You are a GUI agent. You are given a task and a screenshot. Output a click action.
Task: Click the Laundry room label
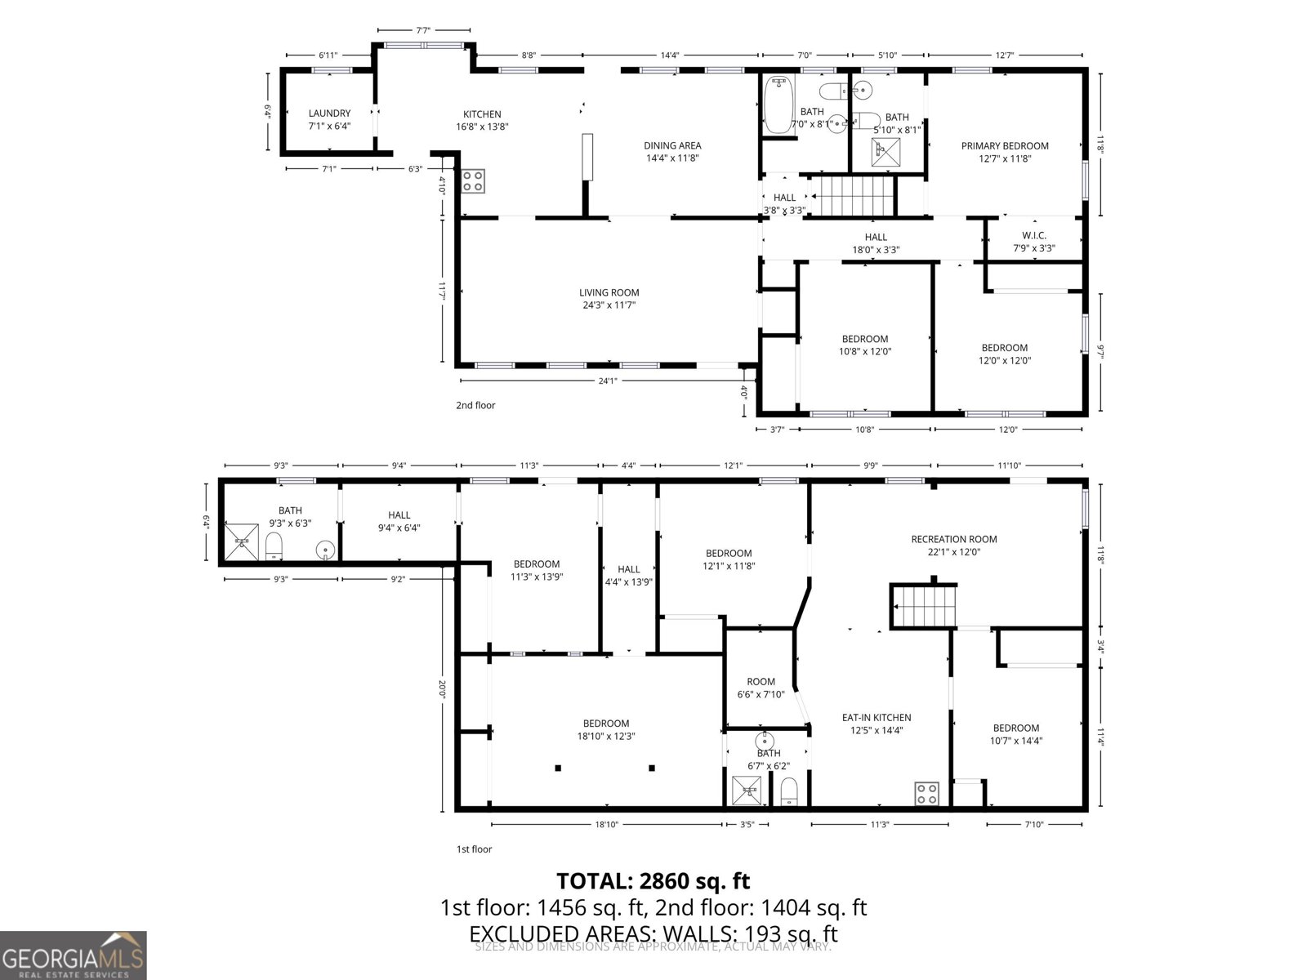click(x=329, y=114)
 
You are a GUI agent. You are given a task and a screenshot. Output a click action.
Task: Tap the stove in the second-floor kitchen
click(x=473, y=180)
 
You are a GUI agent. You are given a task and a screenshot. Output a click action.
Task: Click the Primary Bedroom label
click(x=1005, y=146)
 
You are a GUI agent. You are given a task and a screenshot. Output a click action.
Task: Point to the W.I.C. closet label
click(x=1033, y=235)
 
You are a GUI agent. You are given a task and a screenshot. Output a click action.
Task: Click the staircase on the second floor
click(x=853, y=197)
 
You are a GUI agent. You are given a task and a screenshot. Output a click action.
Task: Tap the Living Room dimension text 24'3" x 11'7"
click(x=609, y=305)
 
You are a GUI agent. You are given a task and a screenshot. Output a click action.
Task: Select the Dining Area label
click(x=672, y=146)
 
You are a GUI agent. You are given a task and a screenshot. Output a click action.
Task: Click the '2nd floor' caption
click(x=475, y=405)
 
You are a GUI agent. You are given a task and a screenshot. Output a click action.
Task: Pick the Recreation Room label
click(x=954, y=539)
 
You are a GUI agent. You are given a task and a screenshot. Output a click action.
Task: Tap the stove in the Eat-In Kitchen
click(x=926, y=793)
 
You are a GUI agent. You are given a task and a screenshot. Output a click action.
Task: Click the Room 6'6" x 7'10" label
click(x=761, y=682)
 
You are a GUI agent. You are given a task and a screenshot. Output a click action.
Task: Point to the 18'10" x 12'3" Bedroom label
click(x=606, y=724)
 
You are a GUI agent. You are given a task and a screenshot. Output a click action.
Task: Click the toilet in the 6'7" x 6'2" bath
click(x=789, y=791)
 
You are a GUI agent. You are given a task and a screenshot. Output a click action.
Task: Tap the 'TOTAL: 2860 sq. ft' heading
click(x=653, y=881)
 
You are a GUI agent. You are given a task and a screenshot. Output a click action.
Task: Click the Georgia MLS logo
click(x=73, y=955)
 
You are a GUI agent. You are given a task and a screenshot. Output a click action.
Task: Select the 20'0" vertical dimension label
click(x=442, y=689)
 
